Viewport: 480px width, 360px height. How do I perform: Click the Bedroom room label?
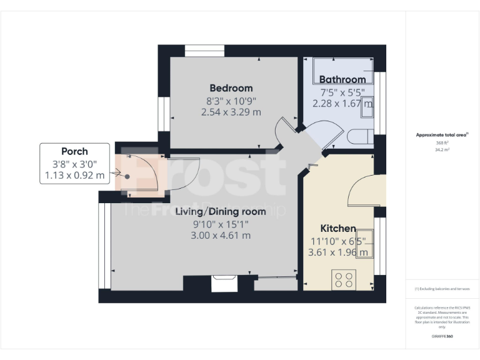tap(231, 88)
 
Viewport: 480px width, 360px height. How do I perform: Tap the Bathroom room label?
tap(342, 79)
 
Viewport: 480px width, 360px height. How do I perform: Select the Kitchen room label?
tap(338, 229)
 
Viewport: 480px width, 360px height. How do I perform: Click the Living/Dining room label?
tap(220, 212)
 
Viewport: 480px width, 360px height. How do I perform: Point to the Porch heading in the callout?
tap(74, 151)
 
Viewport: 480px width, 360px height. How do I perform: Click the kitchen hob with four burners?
tap(343, 279)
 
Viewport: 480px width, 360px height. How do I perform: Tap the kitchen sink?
tap(366, 242)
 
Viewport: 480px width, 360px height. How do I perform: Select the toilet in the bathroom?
tap(361, 138)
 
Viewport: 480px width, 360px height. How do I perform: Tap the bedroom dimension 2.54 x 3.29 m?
tap(231, 112)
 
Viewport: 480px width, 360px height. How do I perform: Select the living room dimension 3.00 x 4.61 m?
tap(221, 236)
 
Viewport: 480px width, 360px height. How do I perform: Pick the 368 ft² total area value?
tap(442, 143)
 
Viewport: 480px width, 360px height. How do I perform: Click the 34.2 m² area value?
tap(442, 150)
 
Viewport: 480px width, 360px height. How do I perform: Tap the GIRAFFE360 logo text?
tap(442, 337)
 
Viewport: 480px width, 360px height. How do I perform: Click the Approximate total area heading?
tap(442, 134)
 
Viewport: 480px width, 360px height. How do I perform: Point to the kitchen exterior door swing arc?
tap(362, 190)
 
